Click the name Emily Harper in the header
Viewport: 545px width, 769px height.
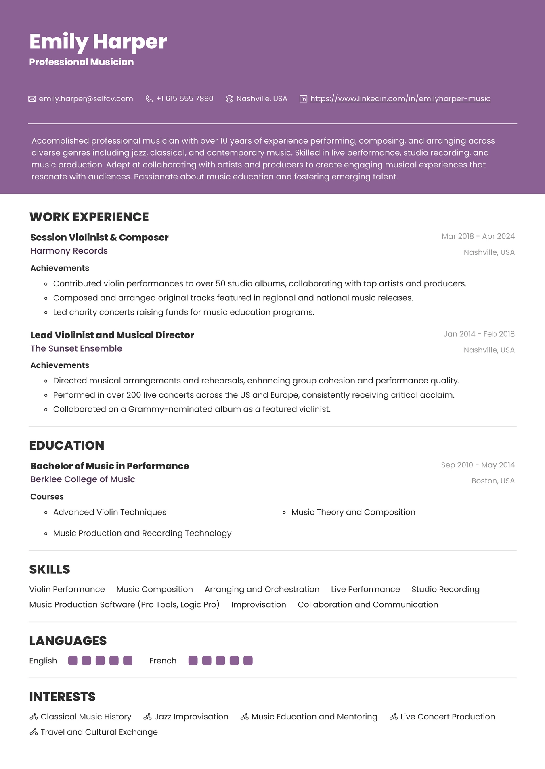click(x=98, y=42)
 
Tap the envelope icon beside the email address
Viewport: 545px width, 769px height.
click(x=32, y=99)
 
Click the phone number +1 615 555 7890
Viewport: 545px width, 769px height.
click(x=184, y=99)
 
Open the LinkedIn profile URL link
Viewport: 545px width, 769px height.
click(x=400, y=99)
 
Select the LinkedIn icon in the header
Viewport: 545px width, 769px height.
click(x=303, y=99)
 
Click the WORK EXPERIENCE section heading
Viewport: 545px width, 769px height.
click(x=89, y=217)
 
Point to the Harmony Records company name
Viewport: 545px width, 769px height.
click(x=69, y=251)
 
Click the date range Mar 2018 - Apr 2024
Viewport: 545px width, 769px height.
click(x=478, y=236)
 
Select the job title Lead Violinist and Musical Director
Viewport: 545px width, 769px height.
click(x=112, y=335)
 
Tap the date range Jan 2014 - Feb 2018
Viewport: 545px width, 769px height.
click(x=479, y=334)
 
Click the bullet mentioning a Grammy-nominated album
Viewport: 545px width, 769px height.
click(x=192, y=409)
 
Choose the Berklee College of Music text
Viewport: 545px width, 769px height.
click(x=83, y=479)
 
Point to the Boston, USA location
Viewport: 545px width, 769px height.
click(x=493, y=481)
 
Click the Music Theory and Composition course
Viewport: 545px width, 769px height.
click(x=353, y=512)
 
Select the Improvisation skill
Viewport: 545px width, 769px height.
click(x=258, y=605)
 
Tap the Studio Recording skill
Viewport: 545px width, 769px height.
click(x=445, y=590)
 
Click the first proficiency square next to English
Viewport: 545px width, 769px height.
click(x=73, y=661)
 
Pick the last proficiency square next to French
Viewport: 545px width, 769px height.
click(x=248, y=661)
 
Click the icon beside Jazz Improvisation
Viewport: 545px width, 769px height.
click(x=147, y=717)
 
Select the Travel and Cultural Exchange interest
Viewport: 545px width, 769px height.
click(x=99, y=732)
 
